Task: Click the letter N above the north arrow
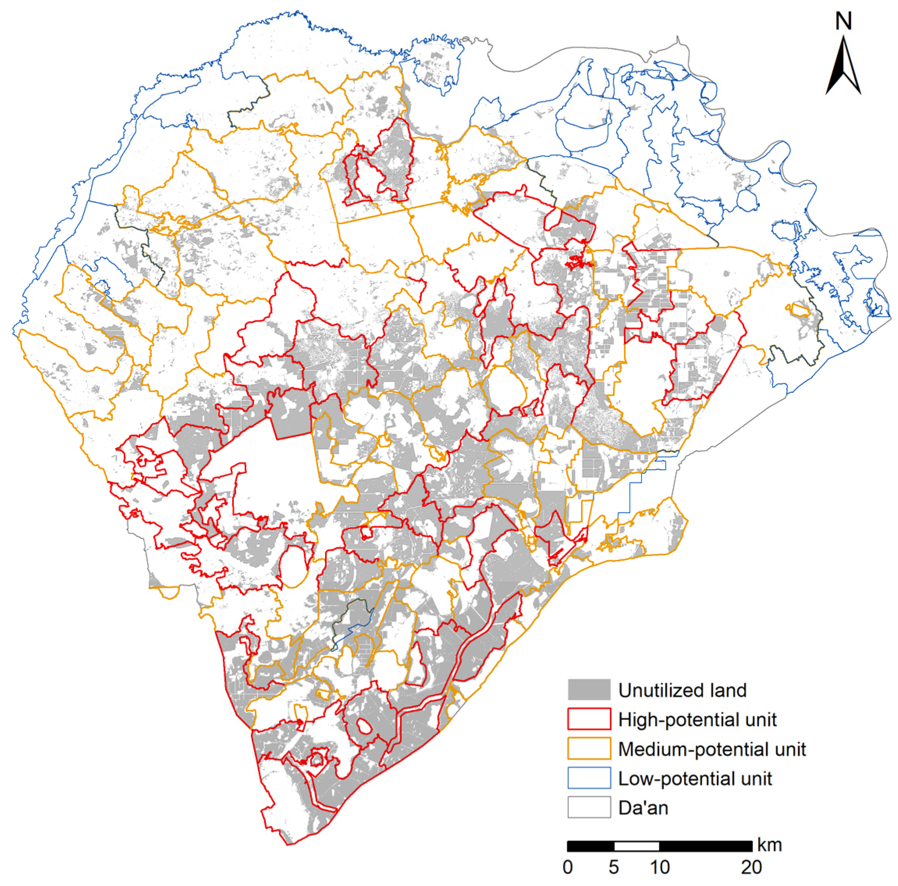(x=843, y=21)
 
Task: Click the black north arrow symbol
(x=843, y=68)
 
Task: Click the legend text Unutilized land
(x=682, y=690)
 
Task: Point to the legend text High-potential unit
(x=697, y=719)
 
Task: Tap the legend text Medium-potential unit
(x=712, y=749)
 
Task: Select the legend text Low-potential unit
(x=694, y=778)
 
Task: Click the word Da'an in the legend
(x=643, y=808)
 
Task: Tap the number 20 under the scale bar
(x=751, y=867)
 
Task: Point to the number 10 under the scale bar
(x=659, y=867)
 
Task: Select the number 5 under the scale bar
(x=614, y=867)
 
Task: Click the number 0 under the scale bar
(x=568, y=867)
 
